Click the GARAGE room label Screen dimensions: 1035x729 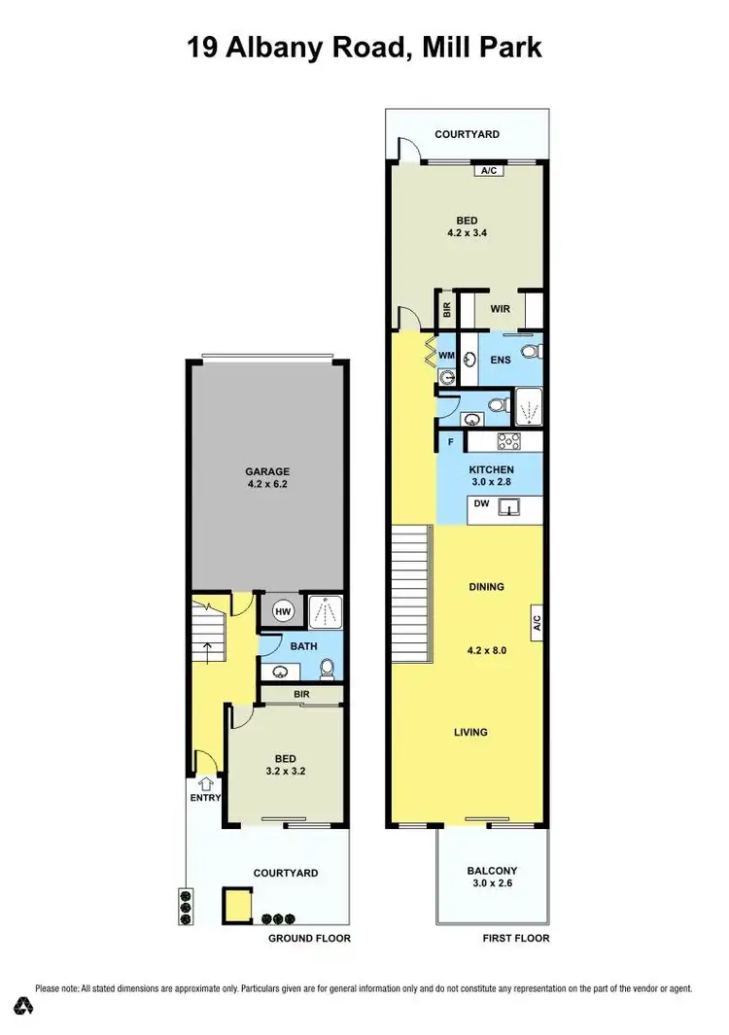(x=267, y=472)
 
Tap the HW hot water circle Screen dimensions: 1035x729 (x=283, y=611)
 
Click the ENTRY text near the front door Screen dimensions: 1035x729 (x=205, y=798)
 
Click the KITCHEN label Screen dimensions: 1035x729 (x=491, y=469)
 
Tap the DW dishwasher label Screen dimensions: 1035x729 (x=481, y=503)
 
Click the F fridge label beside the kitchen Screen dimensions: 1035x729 (x=451, y=442)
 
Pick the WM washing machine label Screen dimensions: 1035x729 (x=446, y=357)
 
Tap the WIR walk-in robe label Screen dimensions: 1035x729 (x=501, y=310)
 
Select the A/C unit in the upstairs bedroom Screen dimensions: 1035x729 (x=489, y=171)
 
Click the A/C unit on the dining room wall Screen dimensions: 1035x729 (x=536, y=622)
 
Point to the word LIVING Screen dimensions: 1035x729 (x=470, y=733)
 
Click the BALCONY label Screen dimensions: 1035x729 (x=491, y=871)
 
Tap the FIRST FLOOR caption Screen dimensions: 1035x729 (x=516, y=938)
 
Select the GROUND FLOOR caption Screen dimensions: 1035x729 (x=309, y=938)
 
